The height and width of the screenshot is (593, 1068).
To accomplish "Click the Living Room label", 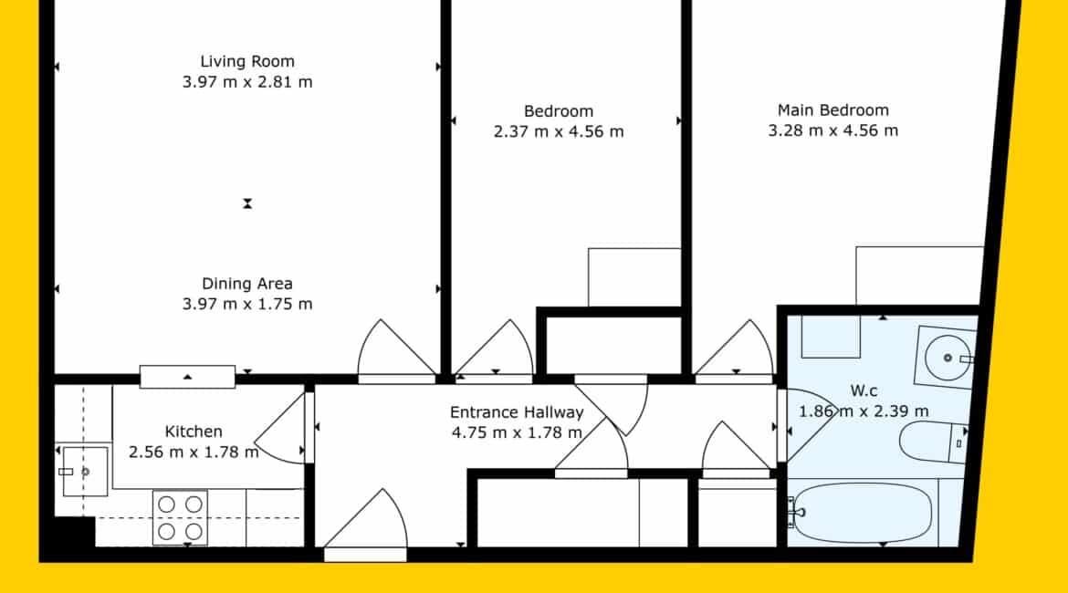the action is click(247, 61).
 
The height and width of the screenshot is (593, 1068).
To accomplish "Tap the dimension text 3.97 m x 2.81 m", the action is click(247, 82).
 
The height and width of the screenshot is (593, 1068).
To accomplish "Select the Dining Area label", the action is click(247, 284).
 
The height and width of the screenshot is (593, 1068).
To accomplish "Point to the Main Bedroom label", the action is click(833, 110).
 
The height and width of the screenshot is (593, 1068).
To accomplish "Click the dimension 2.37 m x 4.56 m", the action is click(559, 131).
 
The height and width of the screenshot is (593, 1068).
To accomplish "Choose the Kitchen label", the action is click(194, 432).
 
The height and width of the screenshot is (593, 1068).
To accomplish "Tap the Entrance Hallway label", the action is click(517, 412).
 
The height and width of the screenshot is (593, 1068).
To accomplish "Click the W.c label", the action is click(864, 390).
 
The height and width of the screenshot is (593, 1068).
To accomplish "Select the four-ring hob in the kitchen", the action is click(180, 517).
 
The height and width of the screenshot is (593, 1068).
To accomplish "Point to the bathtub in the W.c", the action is click(862, 513).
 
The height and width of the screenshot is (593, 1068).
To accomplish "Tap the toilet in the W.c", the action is click(933, 442).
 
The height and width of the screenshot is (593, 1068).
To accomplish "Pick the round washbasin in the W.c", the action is click(948, 358).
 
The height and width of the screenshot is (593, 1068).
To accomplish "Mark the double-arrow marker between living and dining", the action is click(247, 203).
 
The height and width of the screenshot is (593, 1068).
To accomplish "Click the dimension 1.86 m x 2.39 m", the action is click(864, 411).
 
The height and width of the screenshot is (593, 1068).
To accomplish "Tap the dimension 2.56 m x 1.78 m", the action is click(194, 453).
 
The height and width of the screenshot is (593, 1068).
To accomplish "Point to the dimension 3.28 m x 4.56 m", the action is click(833, 130).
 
